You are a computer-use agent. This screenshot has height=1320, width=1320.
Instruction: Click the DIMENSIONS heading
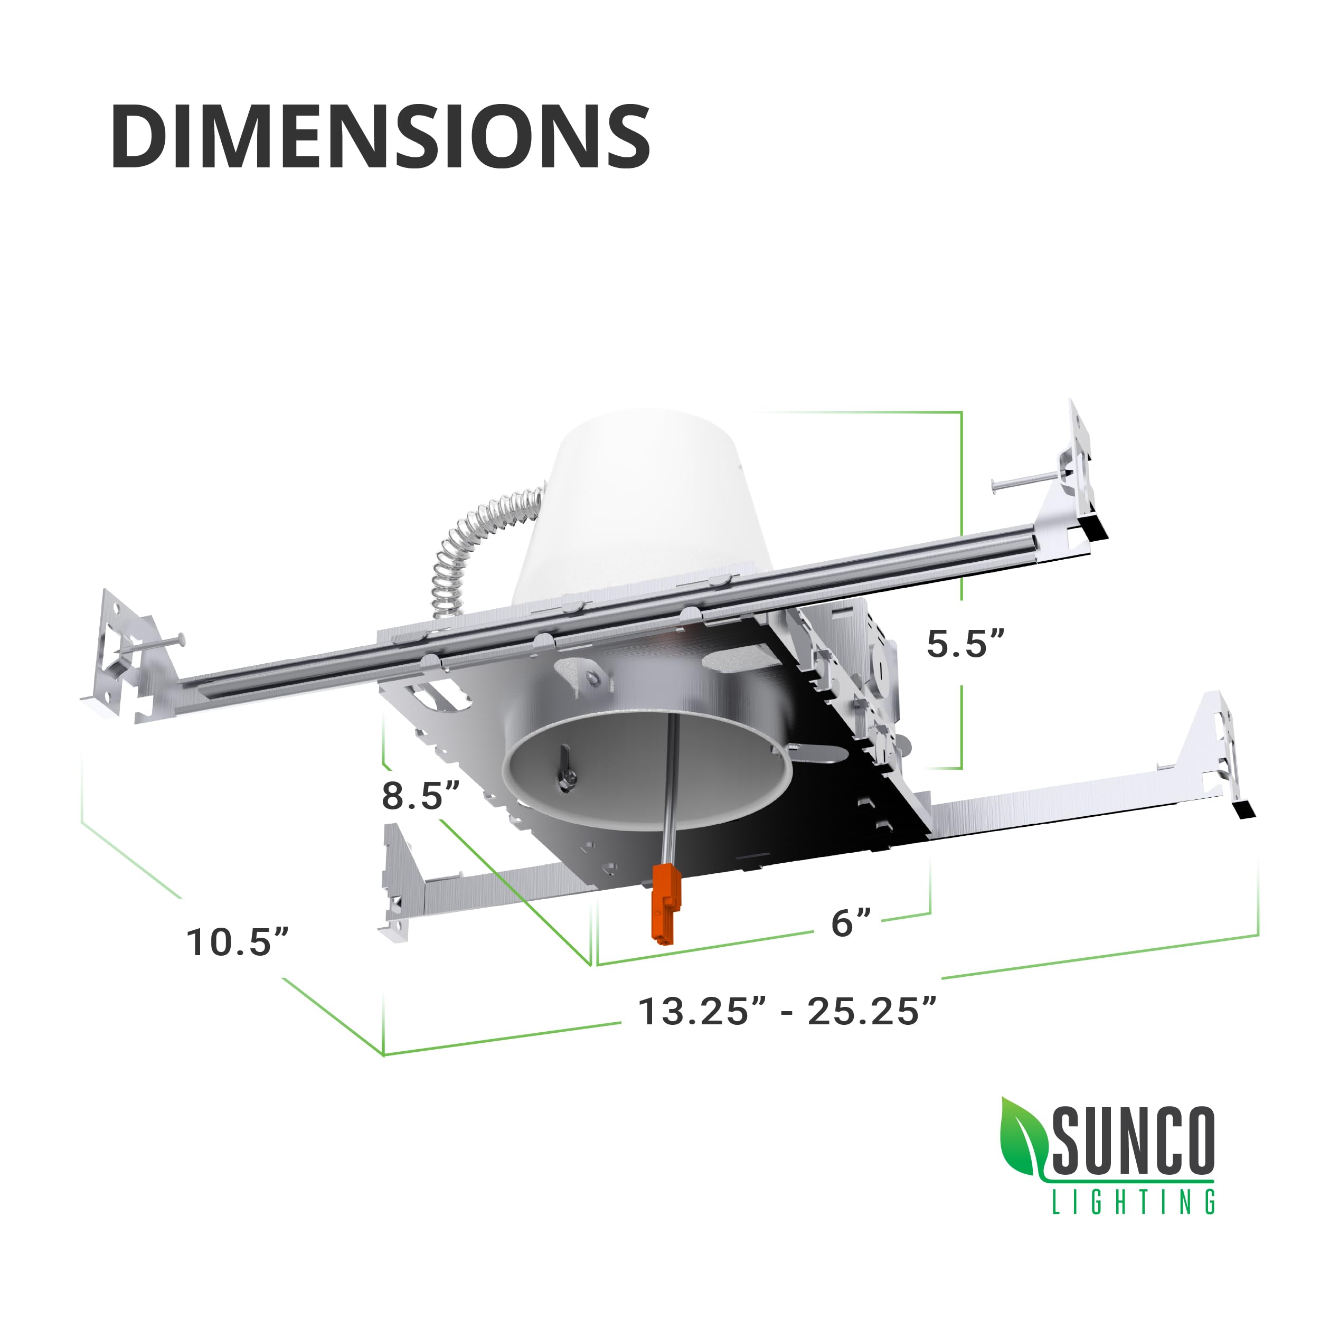(380, 137)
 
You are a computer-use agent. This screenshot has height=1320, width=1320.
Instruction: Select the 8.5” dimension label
(420, 796)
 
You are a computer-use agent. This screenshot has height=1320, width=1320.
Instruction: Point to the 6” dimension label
(851, 923)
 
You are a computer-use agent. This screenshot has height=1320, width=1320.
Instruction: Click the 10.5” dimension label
(238, 942)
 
